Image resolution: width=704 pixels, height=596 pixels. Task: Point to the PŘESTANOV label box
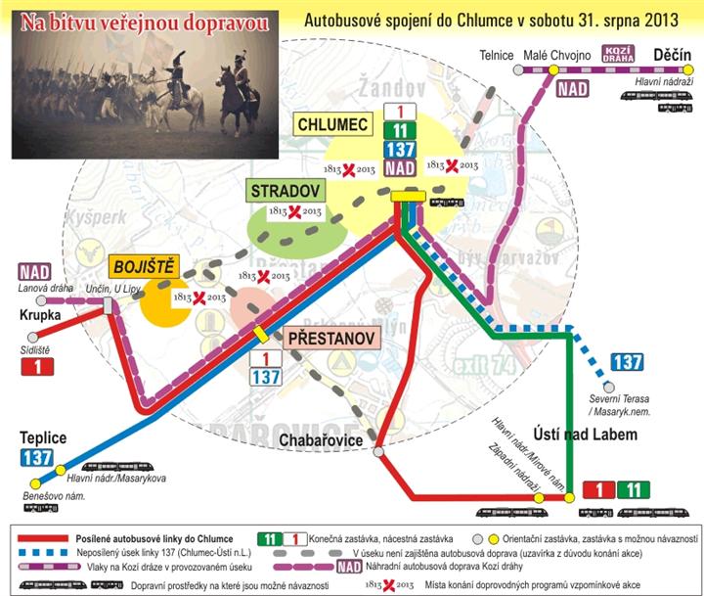(x=329, y=339)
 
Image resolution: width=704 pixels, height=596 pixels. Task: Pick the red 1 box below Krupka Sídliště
(x=36, y=366)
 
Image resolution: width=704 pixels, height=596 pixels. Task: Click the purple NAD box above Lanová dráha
(x=34, y=272)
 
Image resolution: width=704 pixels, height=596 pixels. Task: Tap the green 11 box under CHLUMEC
(x=398, y=131)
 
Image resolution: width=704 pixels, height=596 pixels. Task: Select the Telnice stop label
(x=497, y=56)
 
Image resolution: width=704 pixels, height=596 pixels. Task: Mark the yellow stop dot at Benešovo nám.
(x=36, y=482)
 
